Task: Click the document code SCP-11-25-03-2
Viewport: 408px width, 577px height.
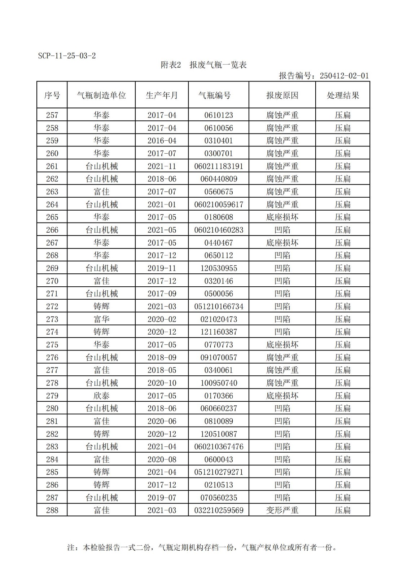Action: (x=67, y=56)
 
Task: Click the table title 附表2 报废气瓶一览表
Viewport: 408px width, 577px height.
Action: (x=203, y=65)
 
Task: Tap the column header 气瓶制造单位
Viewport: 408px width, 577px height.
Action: (x=101, y=95)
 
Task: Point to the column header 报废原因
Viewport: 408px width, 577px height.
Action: (x=282, y=95)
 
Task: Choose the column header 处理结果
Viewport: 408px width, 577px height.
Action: (x=343, y=95)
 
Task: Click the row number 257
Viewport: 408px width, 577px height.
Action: (x=52, y=115)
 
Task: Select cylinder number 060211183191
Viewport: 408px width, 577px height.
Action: (x=219, y=166)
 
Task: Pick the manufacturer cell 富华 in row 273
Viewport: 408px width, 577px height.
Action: (x=101, y=319)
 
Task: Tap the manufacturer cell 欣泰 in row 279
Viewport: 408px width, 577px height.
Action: (x=101, y=396)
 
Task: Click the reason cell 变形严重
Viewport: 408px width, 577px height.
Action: (x=282, y=510)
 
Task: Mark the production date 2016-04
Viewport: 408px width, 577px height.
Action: (x=162, y=141)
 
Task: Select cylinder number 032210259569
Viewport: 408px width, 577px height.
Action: (x=219, y=510)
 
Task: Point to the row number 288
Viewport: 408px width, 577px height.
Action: (x=52, y=510)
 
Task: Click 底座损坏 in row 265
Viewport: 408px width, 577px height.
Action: (x=282, y=217)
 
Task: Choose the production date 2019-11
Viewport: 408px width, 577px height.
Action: (x=162, y=268)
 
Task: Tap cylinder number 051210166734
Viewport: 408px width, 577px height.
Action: (x=219, y=307)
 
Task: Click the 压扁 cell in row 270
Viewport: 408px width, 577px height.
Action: (x=343, y=281)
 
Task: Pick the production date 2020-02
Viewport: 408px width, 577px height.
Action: (x=162, y=319)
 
